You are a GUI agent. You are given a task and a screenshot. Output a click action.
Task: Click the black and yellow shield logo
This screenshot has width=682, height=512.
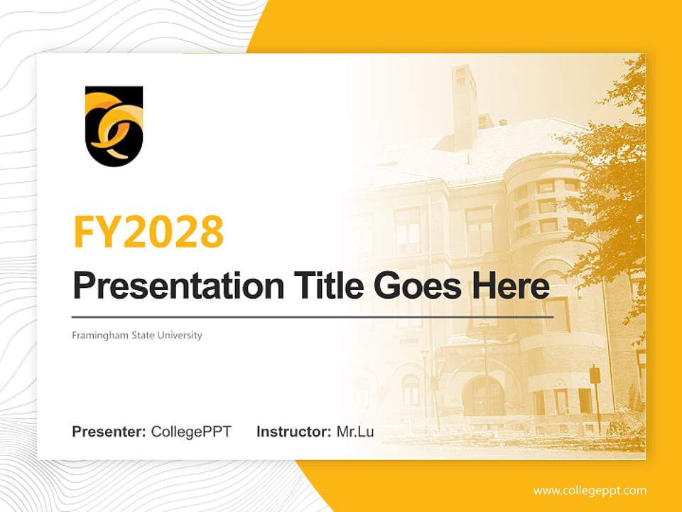coord(114,127)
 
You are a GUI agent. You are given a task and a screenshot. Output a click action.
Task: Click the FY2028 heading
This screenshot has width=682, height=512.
coord(148,231)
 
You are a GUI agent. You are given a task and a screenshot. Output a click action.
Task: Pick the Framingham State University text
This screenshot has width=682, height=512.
coord(137,335)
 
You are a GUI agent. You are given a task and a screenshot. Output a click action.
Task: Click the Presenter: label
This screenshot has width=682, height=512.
coord(109,432)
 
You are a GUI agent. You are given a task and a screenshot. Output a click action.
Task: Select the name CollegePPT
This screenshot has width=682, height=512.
coord(191,432)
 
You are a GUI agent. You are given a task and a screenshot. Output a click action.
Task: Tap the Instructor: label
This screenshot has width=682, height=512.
coord(293,432)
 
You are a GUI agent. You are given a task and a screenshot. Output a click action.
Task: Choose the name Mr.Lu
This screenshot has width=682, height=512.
coord(355,432)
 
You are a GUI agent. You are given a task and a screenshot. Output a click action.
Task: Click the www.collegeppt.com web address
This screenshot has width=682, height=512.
coord(590,491)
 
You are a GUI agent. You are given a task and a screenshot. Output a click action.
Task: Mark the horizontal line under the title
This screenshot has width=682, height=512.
coord(313,316)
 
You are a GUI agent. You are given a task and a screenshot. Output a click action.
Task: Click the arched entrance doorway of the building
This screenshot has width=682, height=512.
coord(485,395)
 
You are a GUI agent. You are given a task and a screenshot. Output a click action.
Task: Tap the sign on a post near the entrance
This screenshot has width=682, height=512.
coord(595,375)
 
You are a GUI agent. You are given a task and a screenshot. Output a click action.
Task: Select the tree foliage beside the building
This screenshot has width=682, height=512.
coord(611,178)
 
